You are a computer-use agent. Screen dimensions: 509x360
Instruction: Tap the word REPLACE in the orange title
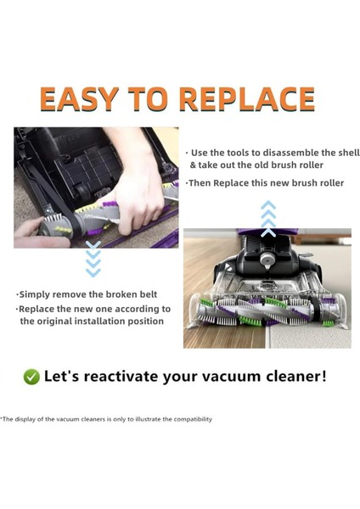click(x=247, y=98)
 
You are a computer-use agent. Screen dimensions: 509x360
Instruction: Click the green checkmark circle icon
click(x=31, y=377)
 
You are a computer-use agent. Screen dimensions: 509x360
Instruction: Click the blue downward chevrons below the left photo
click(x=93, y=259)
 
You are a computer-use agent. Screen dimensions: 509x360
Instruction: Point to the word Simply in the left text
click(x=39, y=293)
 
